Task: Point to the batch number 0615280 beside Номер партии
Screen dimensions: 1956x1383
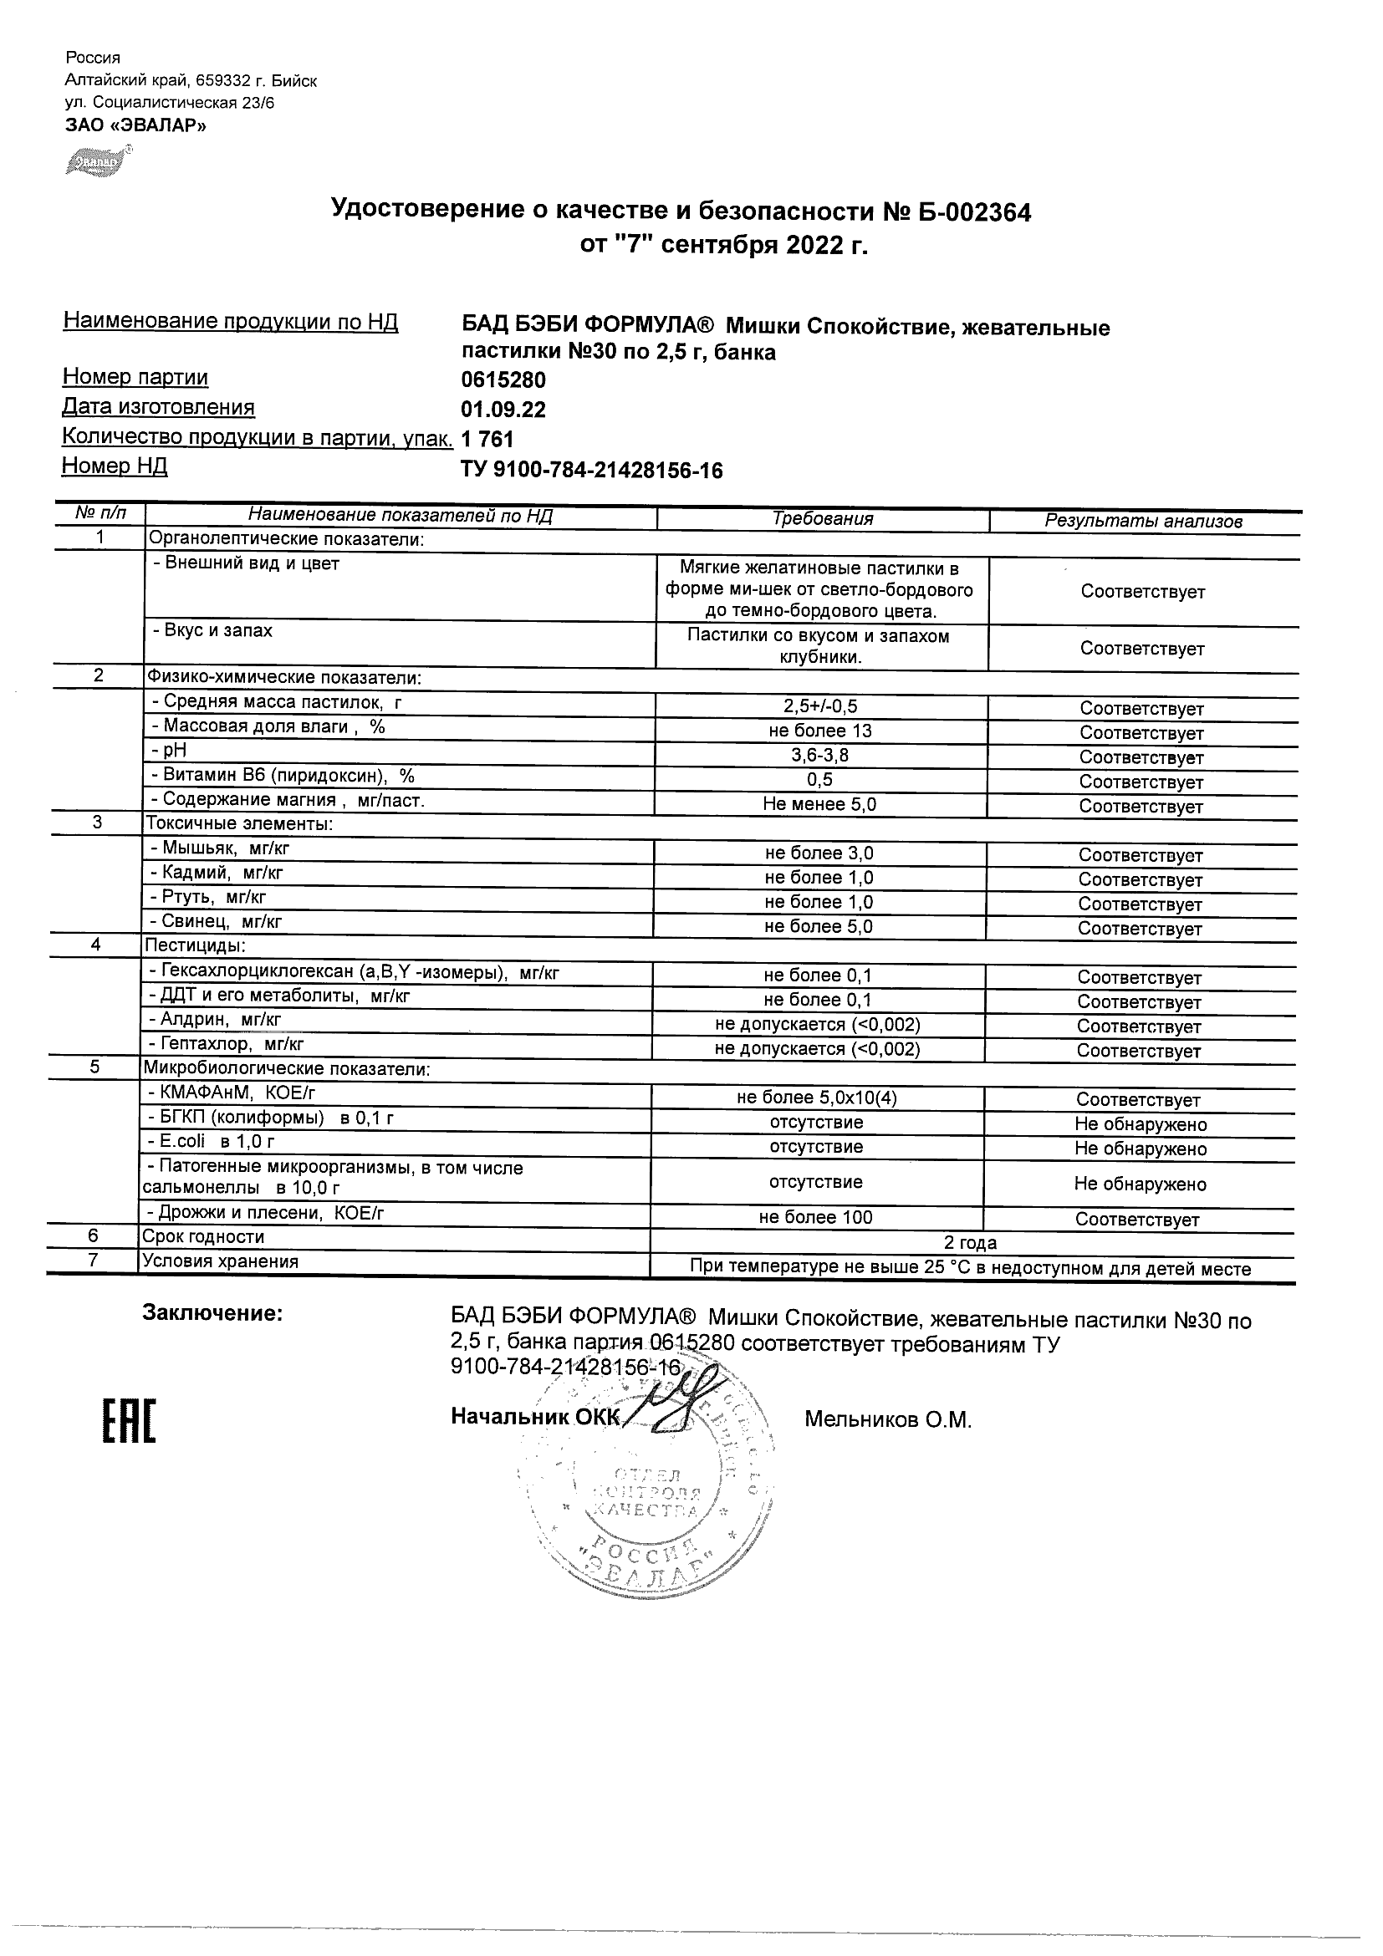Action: (x=503, y=380)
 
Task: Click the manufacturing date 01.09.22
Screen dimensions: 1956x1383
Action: (x=503, y=410)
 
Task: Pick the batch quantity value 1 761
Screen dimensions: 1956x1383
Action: (x=487, y=439)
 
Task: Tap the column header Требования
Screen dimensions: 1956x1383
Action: (x=821, y=519)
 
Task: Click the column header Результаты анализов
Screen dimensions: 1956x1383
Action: (x=1143, y=522)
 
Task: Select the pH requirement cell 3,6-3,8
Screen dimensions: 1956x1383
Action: (x=819, y=756)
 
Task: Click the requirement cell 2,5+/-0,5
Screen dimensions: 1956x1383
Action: (x=819, y=706)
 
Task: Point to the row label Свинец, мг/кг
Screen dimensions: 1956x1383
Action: (x=217, y=921)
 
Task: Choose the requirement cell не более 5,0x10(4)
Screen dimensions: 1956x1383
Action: (x=816, y=1098)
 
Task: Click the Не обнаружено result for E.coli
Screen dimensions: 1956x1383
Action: (x=1141, y=1149)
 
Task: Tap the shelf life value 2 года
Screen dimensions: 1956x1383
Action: (x=970, y=1242)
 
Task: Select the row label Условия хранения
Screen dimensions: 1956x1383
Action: (x=220, y=1261)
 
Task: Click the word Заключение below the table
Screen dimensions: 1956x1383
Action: (x=212, y=1314)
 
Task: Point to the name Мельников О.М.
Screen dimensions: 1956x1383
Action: (x=887, y=1420)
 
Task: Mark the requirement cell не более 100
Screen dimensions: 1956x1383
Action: (x=815, y=1217)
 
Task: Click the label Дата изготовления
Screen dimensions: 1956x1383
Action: (x=159, y=407)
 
